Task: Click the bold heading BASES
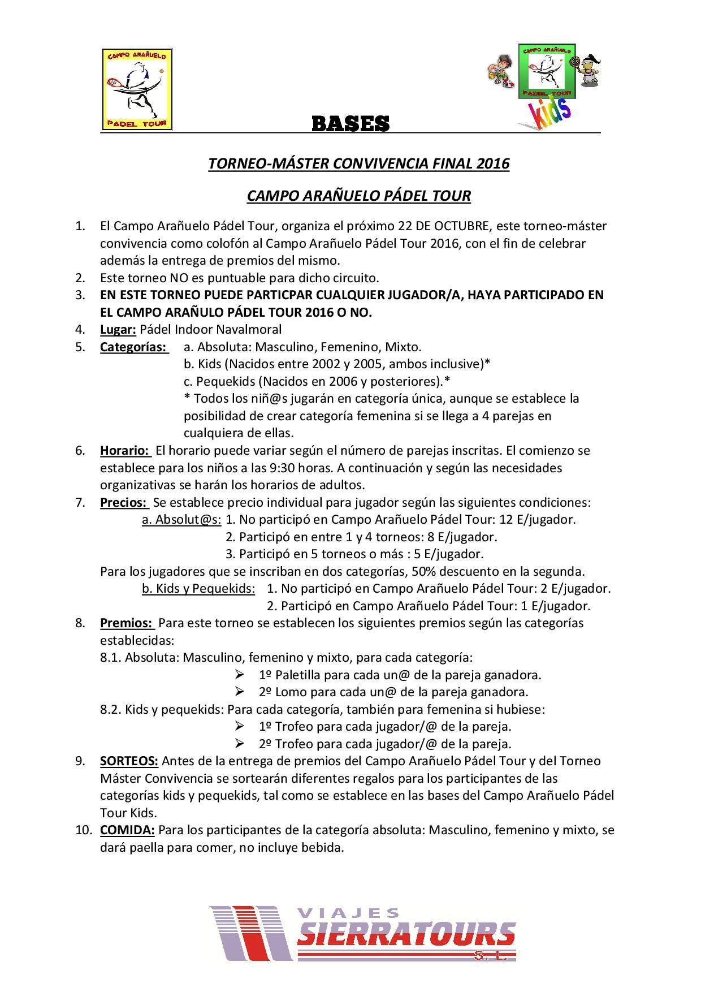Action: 350,123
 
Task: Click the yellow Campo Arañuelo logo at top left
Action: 137,89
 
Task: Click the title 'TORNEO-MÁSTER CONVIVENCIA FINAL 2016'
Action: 358,163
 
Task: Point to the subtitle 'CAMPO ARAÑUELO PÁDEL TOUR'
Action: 358,196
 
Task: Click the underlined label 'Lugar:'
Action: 118,329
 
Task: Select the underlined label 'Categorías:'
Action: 133,347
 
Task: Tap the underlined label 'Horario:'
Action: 125,451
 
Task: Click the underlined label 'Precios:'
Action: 124,502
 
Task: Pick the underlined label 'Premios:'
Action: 127,623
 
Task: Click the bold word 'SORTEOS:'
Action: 129,761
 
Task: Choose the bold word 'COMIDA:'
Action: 127,830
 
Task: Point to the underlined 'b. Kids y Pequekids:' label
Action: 198,588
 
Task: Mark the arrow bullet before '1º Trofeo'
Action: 239,726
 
